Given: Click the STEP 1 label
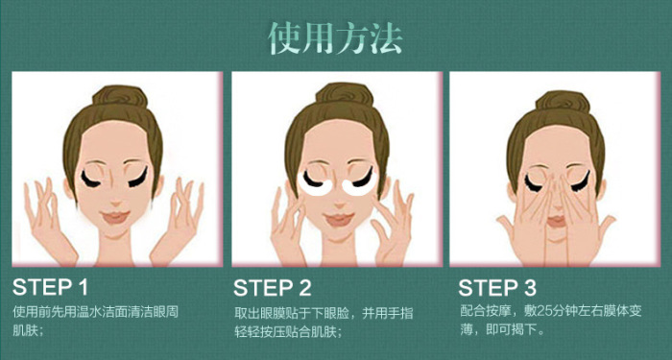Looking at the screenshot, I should [x=50, y=286].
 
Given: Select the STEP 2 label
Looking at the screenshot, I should [x=274, y=286].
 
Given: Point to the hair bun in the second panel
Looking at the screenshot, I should [x=338, y=96].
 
